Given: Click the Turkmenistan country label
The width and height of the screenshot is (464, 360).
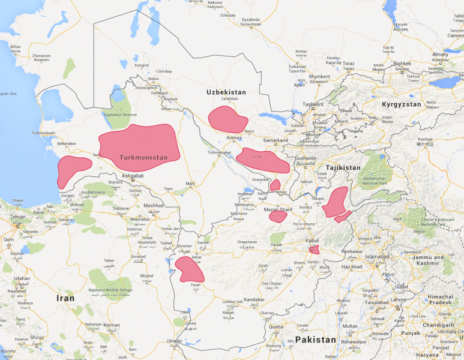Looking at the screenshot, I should pyautogui.click(x=143, y=158).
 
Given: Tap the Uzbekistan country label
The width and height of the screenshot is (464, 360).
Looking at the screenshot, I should pyautogui.click(x=226, y=92).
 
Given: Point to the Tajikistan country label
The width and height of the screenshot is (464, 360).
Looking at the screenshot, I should pyautogui.click(x=343, y=168).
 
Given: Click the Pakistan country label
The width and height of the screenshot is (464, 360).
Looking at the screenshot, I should pyautogui.click(x=311, y=340).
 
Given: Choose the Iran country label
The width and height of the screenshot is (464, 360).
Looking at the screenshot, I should pyautogui.click(x=65, y=298).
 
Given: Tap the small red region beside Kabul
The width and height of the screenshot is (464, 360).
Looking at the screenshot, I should pyautogui.click(x=314, y=250).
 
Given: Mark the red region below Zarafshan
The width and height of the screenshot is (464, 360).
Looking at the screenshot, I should pyautogui.click(x=227, y=119).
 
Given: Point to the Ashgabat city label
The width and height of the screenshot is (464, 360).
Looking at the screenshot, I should pyautogui.click(x=132, y=176).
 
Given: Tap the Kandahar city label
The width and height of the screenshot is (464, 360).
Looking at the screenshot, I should pyautogui.click(x=254, y=299).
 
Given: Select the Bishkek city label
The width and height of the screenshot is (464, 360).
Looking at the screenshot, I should pyautogui.click(x=402, y=64).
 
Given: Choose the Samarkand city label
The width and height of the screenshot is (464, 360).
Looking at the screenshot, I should pyautogui.click(x=276, y=141).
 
